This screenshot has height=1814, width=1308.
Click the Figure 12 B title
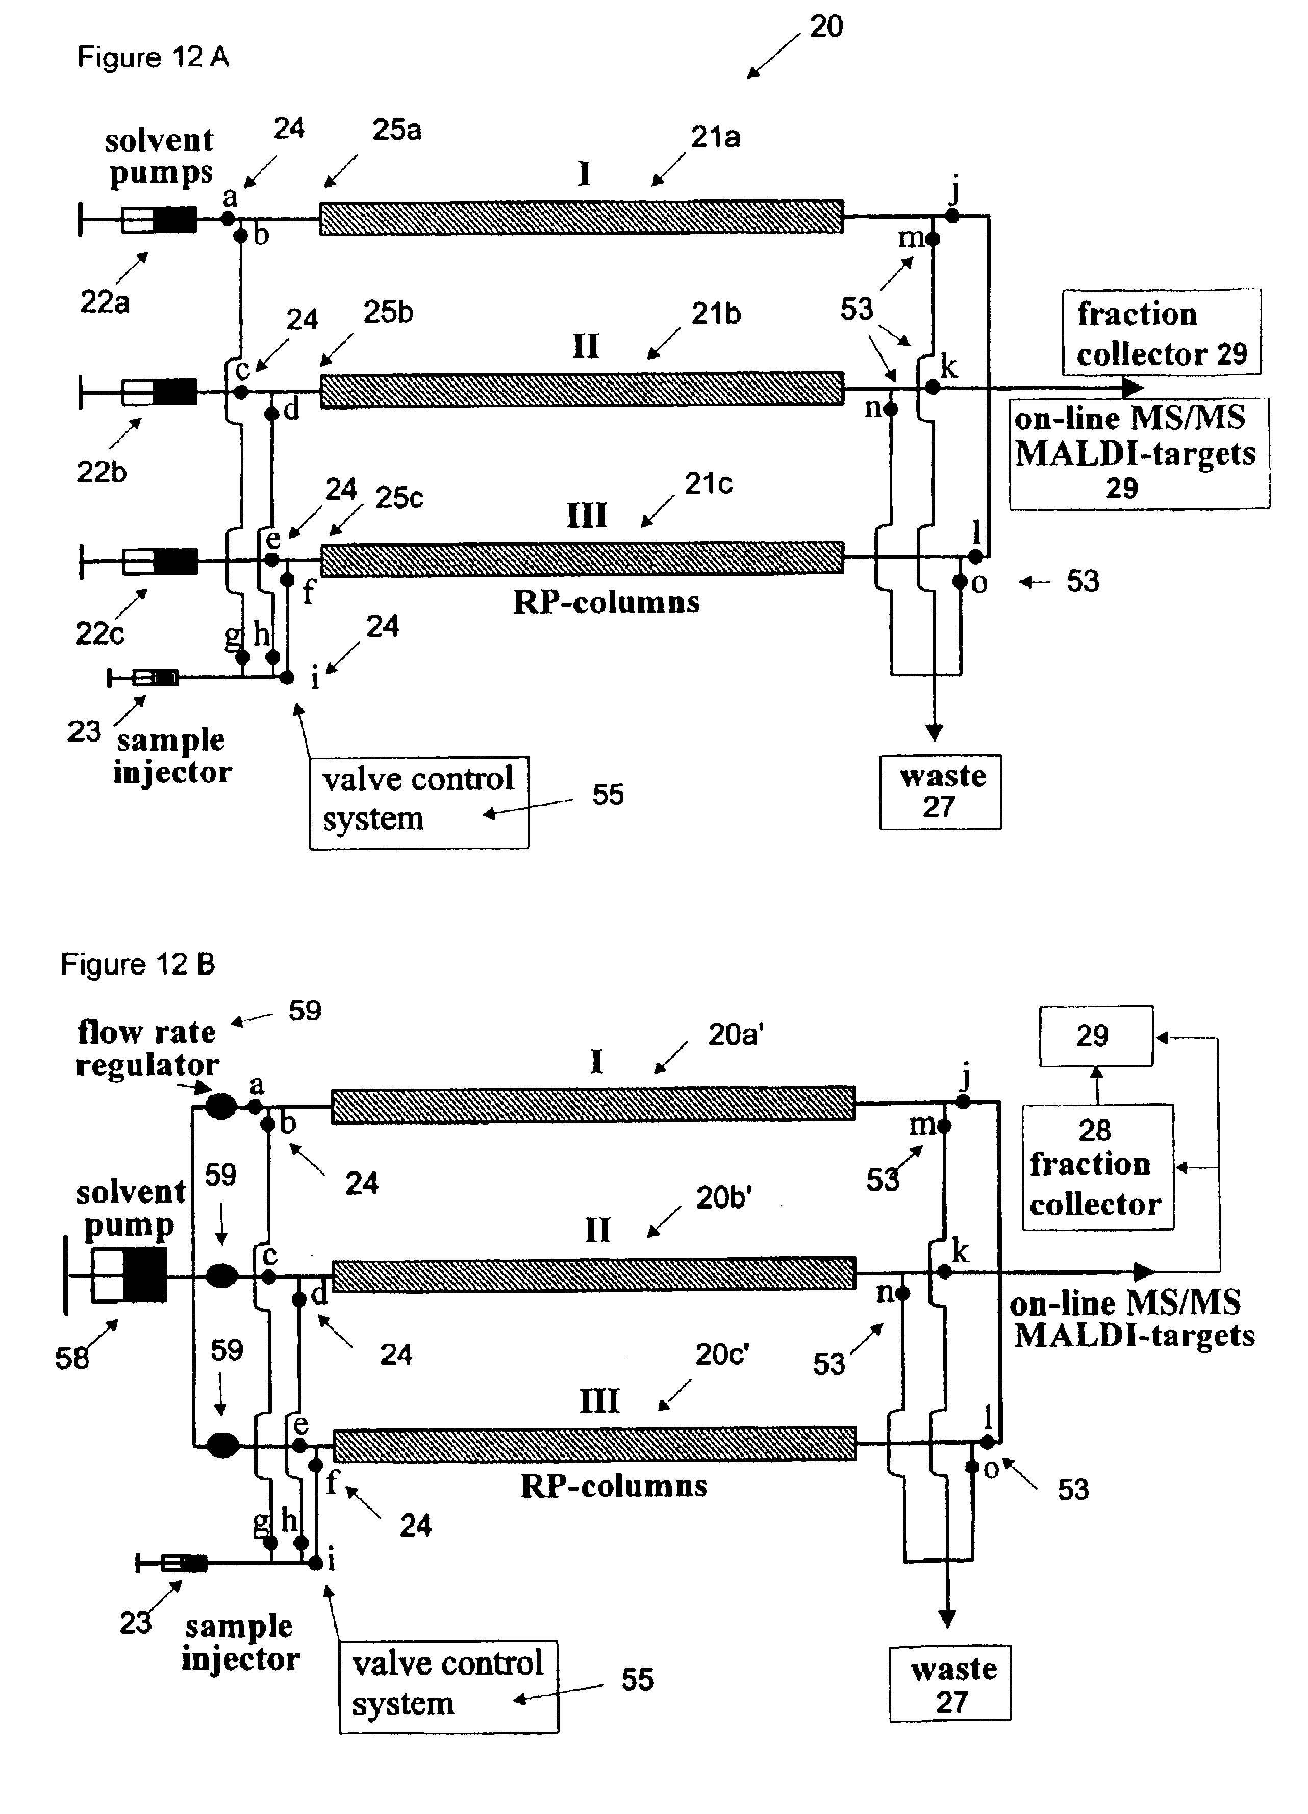tap(138, 964)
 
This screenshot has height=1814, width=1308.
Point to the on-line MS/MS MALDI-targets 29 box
tap(1139, 453)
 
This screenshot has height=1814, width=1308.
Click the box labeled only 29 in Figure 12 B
tap(1095, 1036)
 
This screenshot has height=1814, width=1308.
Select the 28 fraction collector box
tap(1097, 1167)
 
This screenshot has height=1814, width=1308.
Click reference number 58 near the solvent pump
tap(71, 1357)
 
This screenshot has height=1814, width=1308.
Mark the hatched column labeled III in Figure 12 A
tap(582, 557)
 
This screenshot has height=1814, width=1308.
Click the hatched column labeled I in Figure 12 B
tap(593, 1105)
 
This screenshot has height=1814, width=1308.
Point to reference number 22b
tap(101, 472)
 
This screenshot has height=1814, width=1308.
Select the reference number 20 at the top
tap(825, 27)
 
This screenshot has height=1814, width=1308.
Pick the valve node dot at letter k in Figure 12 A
tap(932, 387)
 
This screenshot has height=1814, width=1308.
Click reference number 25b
tap(388, 312)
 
